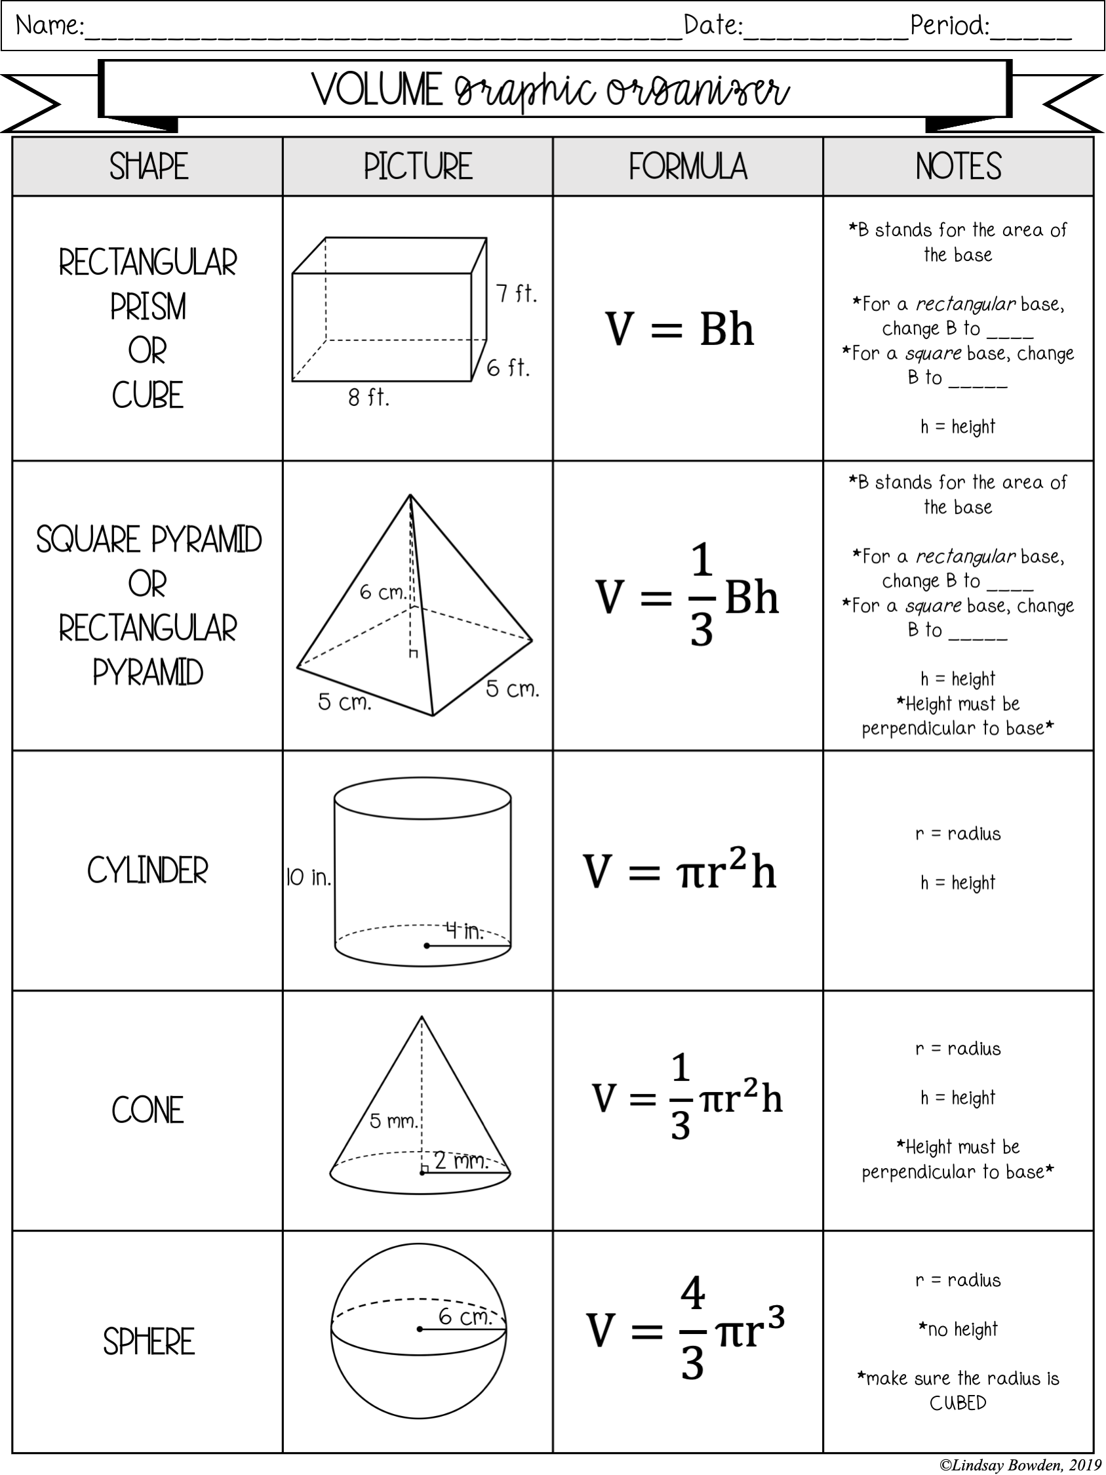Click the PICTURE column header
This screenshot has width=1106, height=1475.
point(418,167)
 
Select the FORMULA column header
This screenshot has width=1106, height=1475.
point(687,167)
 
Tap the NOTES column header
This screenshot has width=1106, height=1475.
point(958,167)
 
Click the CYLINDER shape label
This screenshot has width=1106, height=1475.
point(148,871)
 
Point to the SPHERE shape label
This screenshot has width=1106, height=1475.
point(149,1342)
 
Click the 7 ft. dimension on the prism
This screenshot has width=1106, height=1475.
point(516,293)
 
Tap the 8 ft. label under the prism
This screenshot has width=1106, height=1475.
point(368,398)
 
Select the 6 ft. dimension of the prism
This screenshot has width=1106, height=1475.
point(508,367)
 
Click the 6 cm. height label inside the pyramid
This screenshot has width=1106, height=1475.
point(383,592)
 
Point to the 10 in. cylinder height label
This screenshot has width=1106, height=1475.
point(308,878)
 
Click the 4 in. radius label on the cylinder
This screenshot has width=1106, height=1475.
point(465,930)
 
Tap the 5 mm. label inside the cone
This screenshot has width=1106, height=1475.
point(393,1121)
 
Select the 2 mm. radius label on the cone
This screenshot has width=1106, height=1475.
point(462,1161)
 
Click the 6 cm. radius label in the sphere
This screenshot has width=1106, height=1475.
point(465,1316)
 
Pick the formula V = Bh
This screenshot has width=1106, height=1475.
point(679,329)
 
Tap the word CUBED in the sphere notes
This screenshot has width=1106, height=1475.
point(958,1403)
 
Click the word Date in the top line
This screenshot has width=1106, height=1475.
point(712,26)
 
